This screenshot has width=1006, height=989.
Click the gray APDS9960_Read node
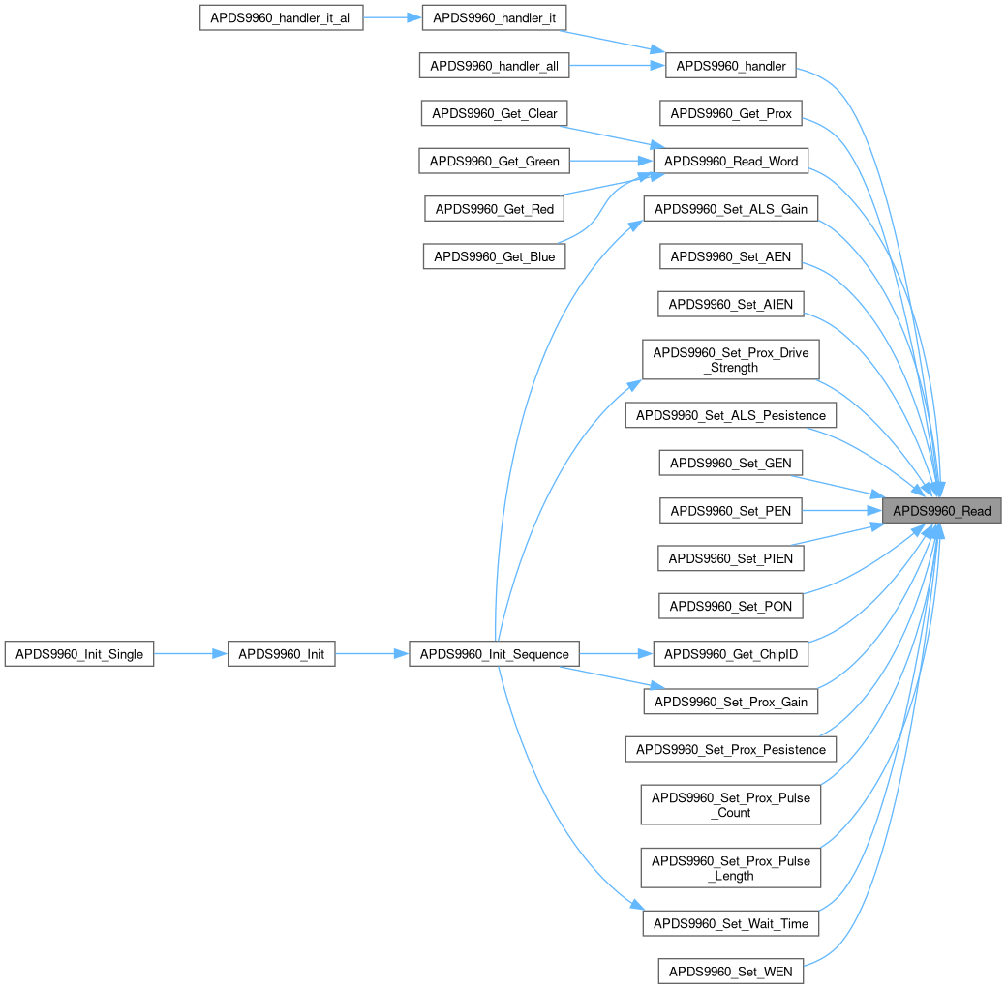(x=941, y=511)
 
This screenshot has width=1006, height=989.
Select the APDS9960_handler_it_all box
(x=281, y=18)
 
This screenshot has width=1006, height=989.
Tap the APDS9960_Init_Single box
(x=79, y=654)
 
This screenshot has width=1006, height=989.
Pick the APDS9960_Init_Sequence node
(x=494, y=654)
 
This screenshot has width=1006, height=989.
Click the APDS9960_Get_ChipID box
(x=731, y=654)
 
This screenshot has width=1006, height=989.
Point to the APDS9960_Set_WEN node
(x=731, y=971)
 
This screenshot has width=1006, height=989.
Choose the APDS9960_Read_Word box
(x=731, y=161)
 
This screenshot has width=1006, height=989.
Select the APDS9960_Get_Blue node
(x=494, y=256)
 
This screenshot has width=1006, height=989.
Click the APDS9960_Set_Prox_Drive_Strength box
(x=731, y=360)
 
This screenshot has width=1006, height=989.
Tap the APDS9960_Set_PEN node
(x=731, y=510)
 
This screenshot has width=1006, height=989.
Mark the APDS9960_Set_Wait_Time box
(x=731, y=923)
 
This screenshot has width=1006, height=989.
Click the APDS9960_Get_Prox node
(x=731, y=113)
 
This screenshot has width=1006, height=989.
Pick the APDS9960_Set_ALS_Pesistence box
(x=731, y=416)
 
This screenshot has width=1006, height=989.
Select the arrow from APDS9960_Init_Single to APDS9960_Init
(x=190, y=654)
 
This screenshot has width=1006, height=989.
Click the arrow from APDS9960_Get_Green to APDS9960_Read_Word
(x=610, y=161)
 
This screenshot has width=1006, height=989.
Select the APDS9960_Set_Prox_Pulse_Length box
(x=731, y=868)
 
